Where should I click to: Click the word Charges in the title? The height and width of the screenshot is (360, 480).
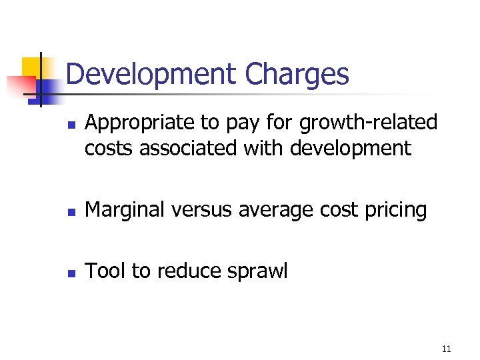(x=297, y=75)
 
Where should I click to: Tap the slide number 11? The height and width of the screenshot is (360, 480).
(x=446, y=349)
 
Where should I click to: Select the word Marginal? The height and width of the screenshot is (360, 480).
(x=127, y=210)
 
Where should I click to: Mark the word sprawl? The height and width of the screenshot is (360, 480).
(x=259, y=271)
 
